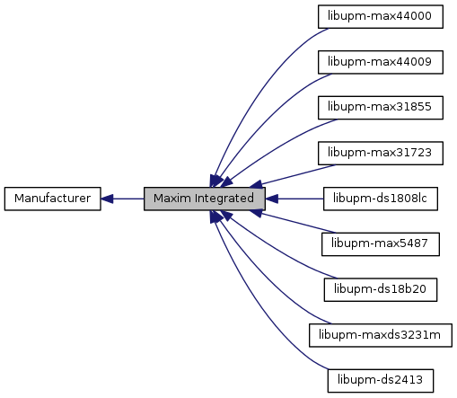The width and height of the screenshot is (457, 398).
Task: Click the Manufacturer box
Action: click(x=53, y=199)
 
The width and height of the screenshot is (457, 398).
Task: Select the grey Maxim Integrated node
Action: click(x=205, y=199)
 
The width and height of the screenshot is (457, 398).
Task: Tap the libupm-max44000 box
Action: click(x=381, y=17)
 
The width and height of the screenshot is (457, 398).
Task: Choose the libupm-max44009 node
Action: click(x=381, y=62)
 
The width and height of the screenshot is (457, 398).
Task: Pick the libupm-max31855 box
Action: click(x=381, y=108)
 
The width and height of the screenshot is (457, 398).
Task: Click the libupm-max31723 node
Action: click(x=381, y=154)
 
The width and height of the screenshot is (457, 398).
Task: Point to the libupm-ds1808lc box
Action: click(x=381, y=199)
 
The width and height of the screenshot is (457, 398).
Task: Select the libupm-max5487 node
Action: click(x=381, y=244)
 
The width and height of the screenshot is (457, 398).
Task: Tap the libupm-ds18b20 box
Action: click(x=381, y=290)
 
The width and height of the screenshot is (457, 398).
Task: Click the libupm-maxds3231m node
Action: click(x=381, y=335)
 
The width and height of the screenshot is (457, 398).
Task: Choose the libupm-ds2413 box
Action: click(x=381, y=381)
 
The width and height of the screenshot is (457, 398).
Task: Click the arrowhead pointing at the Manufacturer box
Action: click(x=107, y=199)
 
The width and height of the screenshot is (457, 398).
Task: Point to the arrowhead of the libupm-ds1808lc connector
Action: click(x=272, y=199)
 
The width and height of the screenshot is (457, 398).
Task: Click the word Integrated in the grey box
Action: click(x=224, y=199)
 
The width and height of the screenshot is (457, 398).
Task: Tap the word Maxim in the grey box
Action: click(x=172, y=199)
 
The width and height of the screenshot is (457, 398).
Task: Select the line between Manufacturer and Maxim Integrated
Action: click(x=128, y=199)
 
